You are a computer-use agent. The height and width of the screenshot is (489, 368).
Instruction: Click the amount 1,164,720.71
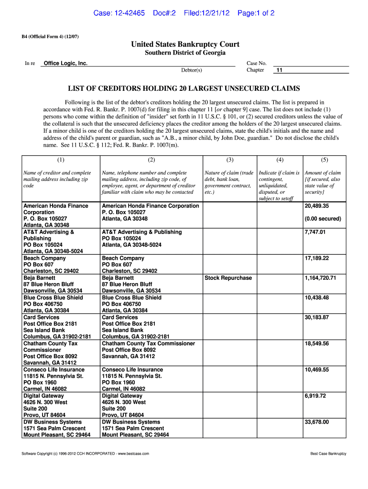tap(320, 278)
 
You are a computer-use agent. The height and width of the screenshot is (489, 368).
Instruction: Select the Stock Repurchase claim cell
tap(228, 278)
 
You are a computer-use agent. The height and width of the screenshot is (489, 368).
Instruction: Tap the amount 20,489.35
tap(317, 206)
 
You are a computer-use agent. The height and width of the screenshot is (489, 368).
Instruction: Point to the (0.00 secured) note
tap(323, 219)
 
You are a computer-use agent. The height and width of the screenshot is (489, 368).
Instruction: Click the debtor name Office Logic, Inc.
tap(65, 63)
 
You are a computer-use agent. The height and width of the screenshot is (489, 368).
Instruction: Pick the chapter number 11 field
tap(280, 70)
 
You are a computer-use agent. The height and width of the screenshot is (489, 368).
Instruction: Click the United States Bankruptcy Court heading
tap(185, 44)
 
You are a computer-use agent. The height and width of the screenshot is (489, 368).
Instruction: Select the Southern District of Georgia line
tap(185, 53)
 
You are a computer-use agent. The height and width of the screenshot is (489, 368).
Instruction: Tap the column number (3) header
tap(229, 160)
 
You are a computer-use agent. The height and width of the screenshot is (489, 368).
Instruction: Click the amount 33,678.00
tap(317, 422)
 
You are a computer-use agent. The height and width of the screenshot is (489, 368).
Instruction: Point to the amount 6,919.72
tap(315, 396)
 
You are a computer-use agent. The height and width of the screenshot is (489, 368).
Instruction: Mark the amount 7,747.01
tap(315, 232)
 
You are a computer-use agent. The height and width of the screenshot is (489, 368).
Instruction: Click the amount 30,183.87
tap(317, 317)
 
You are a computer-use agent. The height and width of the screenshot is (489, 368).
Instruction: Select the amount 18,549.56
tap(317, 343)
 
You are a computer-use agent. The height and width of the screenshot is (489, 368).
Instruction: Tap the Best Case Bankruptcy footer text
tap(328, 453)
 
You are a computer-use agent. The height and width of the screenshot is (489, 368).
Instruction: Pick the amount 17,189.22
tap(317, 258)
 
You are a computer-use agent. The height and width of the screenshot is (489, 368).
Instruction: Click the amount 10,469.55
tap(317, 370)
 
